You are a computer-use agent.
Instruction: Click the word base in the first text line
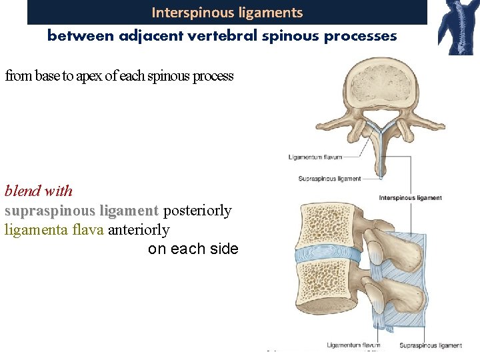48,76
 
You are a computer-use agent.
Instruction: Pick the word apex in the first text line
89,76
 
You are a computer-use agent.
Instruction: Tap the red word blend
23,191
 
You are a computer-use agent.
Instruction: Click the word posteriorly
197,211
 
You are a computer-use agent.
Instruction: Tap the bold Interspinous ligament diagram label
410,198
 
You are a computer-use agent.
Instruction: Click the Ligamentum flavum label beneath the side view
353,345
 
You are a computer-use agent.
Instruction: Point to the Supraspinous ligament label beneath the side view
430,345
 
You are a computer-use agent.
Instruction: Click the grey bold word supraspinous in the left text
49,211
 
